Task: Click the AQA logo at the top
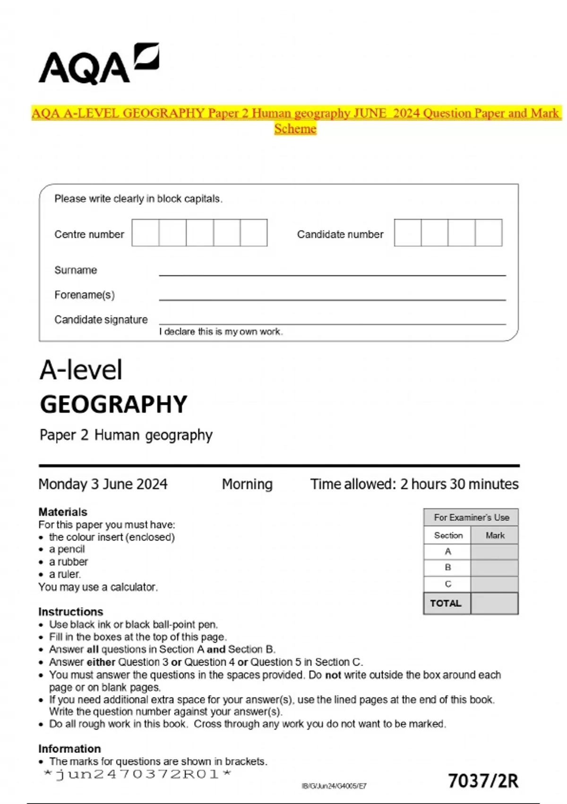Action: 98,65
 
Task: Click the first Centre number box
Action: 145,233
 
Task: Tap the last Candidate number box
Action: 489,233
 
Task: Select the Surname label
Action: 76,270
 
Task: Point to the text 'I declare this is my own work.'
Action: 221,332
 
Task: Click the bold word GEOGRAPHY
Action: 113,405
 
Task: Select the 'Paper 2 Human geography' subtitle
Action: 126,435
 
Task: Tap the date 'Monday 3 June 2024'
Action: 103,484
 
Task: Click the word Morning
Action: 247,484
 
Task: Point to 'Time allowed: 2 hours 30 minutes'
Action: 414,484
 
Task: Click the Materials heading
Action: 62,512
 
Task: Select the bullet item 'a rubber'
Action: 69,562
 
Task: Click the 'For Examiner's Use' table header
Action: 471,517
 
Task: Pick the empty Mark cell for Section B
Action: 494,568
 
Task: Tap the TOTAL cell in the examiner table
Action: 446,603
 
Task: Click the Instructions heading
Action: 70,612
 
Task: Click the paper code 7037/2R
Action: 482,781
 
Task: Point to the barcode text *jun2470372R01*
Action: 137,774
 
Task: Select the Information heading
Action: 69,749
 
